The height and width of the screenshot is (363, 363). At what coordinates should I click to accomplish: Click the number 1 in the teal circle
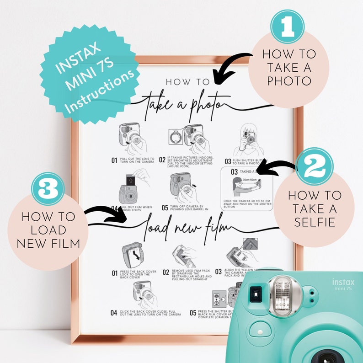click(288, 27)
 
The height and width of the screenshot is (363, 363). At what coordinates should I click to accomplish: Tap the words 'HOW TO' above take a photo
click(187, 82)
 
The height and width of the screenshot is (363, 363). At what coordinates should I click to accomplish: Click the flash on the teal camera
click(283, 295)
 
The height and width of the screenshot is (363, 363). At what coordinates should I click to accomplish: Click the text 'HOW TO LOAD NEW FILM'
click(48, 230)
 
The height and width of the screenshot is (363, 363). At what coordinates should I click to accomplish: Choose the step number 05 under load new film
click(193, 313)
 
